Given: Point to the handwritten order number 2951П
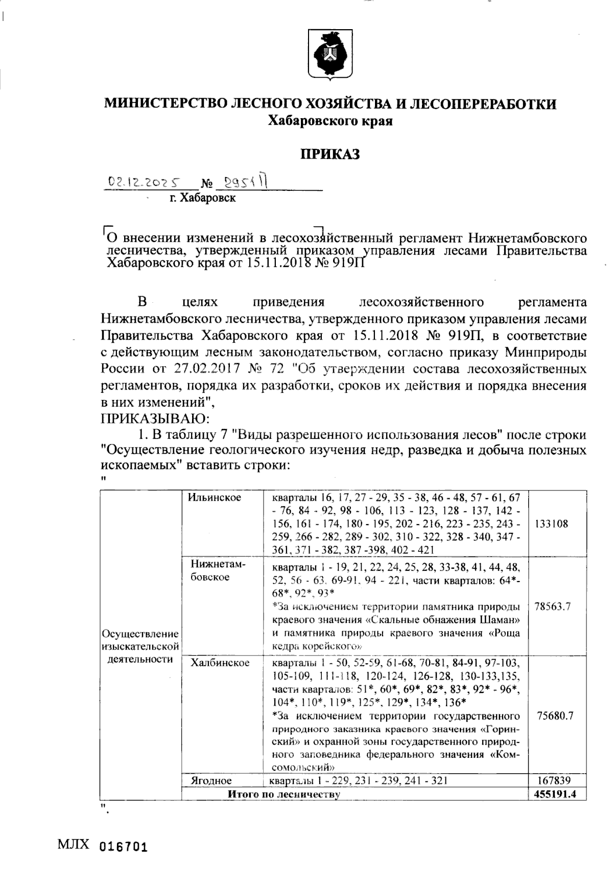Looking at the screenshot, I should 246,183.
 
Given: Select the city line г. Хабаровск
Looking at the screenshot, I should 203,198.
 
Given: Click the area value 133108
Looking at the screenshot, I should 552,524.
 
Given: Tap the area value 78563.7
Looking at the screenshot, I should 553,607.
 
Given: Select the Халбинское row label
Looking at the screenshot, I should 220,663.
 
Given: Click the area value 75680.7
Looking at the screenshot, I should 555,715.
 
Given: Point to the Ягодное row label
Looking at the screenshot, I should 211,780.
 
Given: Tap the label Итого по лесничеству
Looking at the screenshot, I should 284,794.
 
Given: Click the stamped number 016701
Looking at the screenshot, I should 123,846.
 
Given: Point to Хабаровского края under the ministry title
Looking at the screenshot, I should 330,121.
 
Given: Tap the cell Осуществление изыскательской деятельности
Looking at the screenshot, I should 140,646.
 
